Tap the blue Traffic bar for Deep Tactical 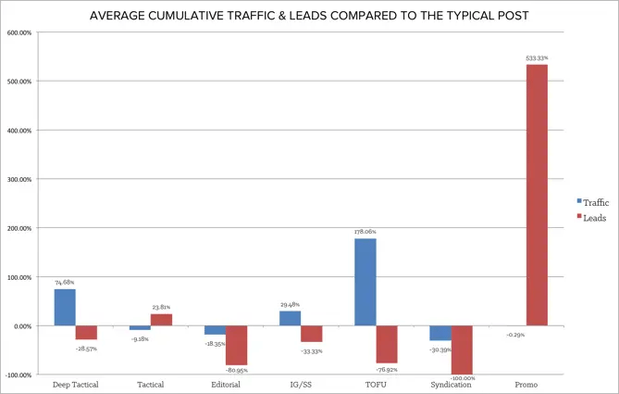pyautogui.click(x=65, y=307)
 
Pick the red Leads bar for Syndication pyautogui.click(x=463, y=350)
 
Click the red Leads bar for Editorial pyautogui.click(x=237, y=345)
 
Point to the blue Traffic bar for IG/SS pyautogui.click(x=290, y=318)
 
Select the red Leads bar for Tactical pyautogui.click(x=161, y=320)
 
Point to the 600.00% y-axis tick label pyautogui.click(x=19, y=32)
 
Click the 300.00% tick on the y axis pyautogui.click(x=19, y=179)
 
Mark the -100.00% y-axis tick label pyautogui.click(x=19, y=375)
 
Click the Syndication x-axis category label pyautogui.click(x=452, y=385)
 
